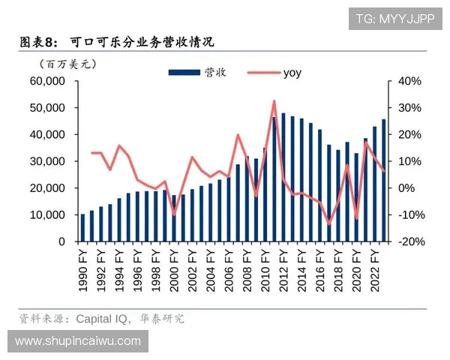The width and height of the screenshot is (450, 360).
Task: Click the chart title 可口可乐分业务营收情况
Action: [142, 41]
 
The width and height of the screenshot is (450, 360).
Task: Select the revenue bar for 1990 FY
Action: [83, 228]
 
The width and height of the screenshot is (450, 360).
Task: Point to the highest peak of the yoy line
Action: [274, 100]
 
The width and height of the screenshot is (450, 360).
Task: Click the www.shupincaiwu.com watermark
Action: [78, 341]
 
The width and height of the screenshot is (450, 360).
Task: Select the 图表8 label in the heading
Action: [37, 41]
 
